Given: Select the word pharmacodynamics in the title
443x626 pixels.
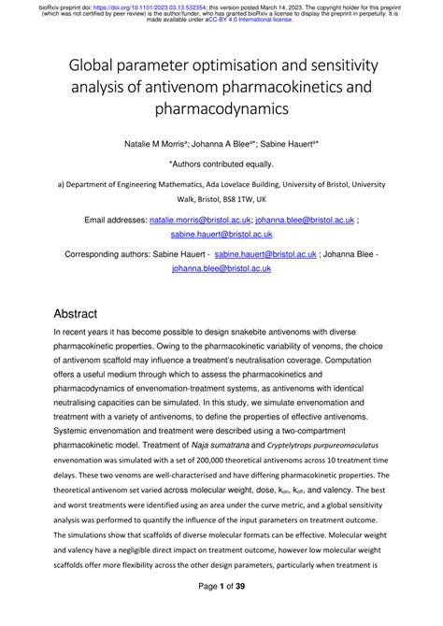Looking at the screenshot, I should [221, 109].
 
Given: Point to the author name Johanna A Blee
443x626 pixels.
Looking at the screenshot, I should [232, 143].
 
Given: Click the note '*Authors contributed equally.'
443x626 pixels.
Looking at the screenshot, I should [221, 162].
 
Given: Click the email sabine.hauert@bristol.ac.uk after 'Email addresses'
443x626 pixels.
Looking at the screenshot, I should [221, 235].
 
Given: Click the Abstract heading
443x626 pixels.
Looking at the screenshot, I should [89, 314].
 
